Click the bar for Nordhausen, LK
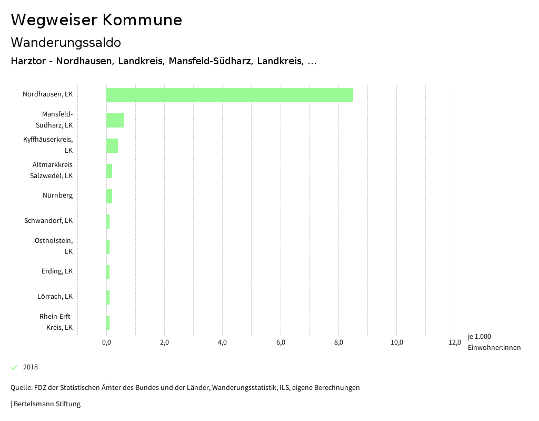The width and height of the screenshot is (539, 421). click(229, 95)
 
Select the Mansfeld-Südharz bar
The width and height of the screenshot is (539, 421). click(115, 120)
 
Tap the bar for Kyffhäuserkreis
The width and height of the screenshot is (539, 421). click(112, 145)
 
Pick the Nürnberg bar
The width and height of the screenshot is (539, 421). click(109, 196)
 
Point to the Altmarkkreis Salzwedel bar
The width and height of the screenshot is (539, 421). click(109, 171)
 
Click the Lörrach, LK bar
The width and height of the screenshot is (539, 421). click(108, 297)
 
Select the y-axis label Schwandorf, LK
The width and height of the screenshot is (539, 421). click(48, 220)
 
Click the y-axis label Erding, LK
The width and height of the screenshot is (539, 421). click(57, 271)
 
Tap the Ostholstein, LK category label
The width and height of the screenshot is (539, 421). click(54, 246)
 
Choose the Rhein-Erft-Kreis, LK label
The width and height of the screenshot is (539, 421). click(56, 322)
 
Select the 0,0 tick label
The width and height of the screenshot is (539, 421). click(106, 343)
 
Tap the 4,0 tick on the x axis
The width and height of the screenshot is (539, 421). click(223, 343)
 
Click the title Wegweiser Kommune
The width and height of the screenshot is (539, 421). click(96, 20)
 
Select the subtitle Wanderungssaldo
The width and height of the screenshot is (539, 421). click(66, 42)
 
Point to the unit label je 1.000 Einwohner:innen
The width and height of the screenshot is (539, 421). click(494, 342)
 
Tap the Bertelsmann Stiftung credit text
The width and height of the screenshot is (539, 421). click(47, 404)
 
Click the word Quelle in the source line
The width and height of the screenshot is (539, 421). click(21, 388)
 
